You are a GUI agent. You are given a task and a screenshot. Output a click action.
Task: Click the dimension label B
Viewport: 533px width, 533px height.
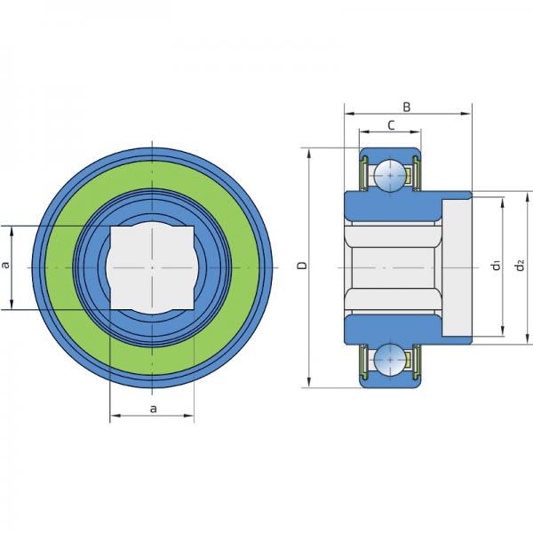[407, 107]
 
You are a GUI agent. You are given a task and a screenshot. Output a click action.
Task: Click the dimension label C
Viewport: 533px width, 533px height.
[391, 125]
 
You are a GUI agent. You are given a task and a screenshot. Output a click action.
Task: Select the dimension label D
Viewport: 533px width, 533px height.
[302, 265]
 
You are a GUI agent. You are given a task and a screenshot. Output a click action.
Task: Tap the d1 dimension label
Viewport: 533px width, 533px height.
[497, 265]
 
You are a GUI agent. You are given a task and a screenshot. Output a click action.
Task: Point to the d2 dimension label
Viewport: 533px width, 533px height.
[520, 265]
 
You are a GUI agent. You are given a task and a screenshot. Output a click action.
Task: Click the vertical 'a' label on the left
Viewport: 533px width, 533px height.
[6, 265]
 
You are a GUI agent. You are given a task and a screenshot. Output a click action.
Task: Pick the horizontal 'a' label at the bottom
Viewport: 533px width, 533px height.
[154, 409]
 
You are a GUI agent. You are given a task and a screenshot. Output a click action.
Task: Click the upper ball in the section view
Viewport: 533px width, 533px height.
[390, 175]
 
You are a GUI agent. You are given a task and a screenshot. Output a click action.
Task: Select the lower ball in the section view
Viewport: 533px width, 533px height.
[390, 360]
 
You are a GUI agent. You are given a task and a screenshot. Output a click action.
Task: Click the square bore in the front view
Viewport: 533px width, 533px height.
[152, 267]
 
